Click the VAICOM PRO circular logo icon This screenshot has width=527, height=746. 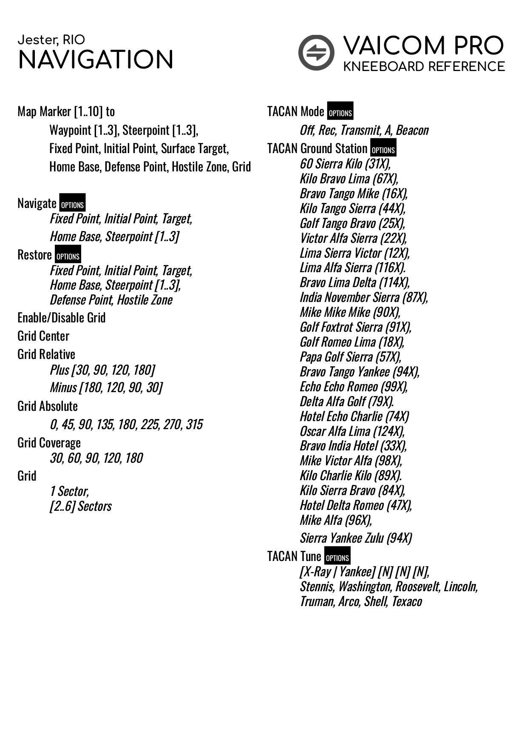pyautogui.click(x=316, y=53)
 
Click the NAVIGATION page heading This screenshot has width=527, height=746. pyautogui.click(x=96, y=60)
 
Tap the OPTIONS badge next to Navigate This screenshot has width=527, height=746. pyautogui.click(x=72, y=203)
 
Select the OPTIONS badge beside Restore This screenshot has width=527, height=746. pyautogui.click(x=68, y=254)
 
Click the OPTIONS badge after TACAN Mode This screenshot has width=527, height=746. pyautogui.click(x=340, y=111)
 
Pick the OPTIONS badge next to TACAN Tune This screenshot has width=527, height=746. pyautogui.click(x=337, y=556)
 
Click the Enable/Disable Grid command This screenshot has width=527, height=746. pyautogui.click(x=62, y=318)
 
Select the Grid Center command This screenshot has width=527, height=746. pyautogui.click(x=43, y=336)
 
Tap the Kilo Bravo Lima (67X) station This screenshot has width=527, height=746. pyautogui.click(x=349, y=179)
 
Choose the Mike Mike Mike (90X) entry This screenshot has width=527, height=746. pyautogui.click(x=350, y=312)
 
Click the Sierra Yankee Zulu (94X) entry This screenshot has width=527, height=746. pyautogui.click(x=356, y=538)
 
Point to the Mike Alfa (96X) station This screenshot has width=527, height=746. pyautogui.click(x=336, y=520)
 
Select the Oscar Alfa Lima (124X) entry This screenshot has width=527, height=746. pyautogui.click(x=352, y=431)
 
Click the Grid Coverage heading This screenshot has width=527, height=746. pyautogui.click(x=49, y=443)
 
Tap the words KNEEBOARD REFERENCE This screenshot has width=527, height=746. pyautogui.click(x=424, y=67)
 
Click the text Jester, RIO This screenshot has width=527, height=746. pyautogui.click(x=51, y=40)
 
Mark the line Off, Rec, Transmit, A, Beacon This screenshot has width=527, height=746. pyautogui.click(x=364, y=130)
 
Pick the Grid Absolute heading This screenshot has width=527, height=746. pyautogui.click(x=48, y=406)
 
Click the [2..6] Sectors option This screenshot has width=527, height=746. pyautogui.click(x=81, y=506)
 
